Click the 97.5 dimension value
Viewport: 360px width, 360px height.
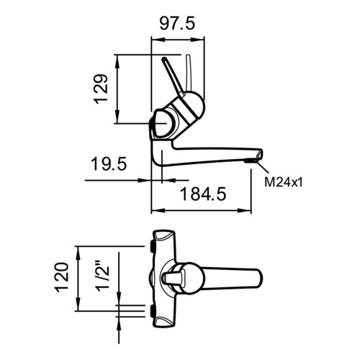177,24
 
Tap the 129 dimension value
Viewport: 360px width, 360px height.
101,89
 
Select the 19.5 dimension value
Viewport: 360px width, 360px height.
109,164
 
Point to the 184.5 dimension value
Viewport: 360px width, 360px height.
203,194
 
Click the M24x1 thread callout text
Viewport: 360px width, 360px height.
284,182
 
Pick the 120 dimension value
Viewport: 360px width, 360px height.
62,278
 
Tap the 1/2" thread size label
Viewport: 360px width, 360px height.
103,275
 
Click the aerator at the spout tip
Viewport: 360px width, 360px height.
251,161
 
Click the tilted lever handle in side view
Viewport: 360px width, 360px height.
173,76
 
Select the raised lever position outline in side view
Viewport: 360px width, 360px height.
189,73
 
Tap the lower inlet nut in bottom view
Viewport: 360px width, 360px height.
152,310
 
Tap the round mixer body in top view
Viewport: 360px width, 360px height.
190,278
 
